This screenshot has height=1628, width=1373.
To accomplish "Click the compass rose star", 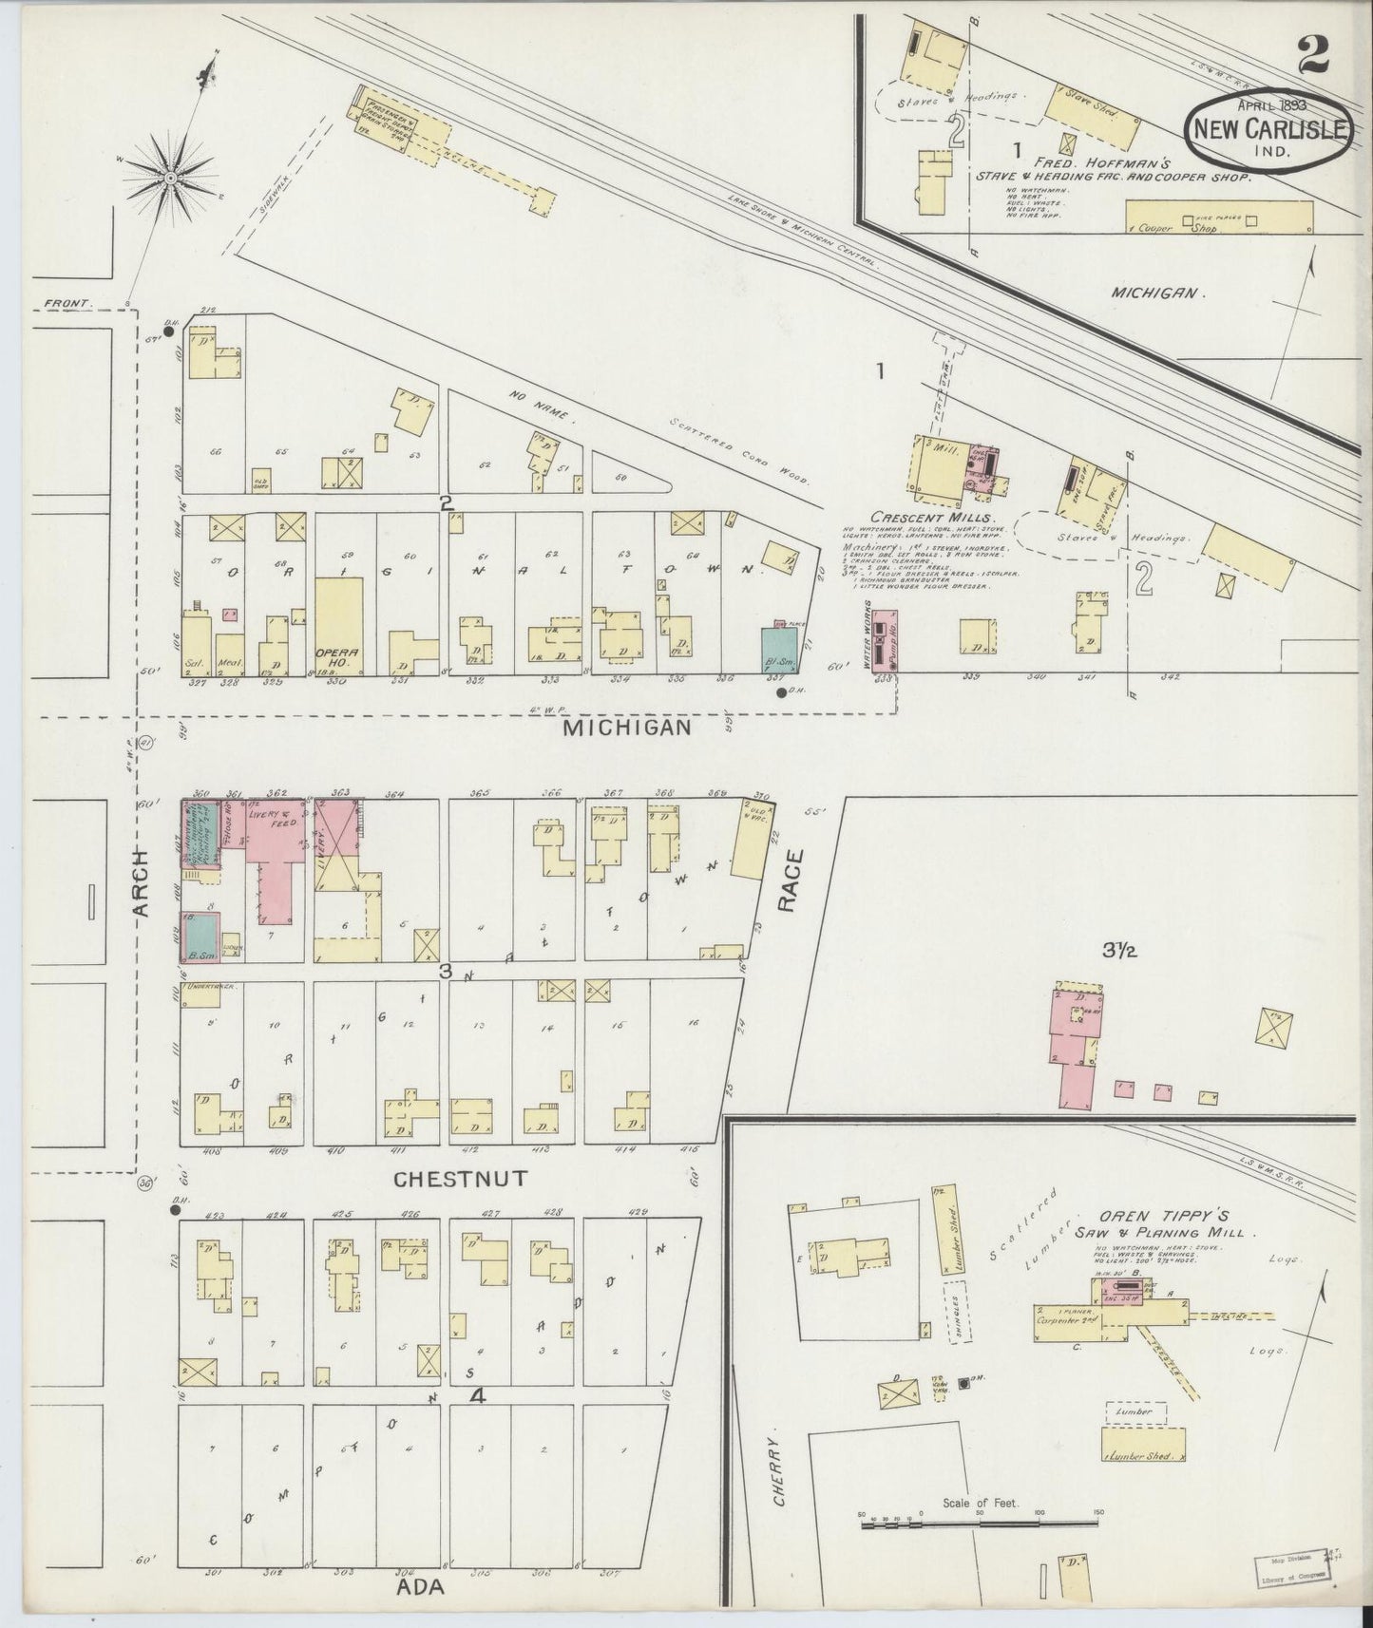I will [170, 177].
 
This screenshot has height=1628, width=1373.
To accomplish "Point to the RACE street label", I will [791, 880].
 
